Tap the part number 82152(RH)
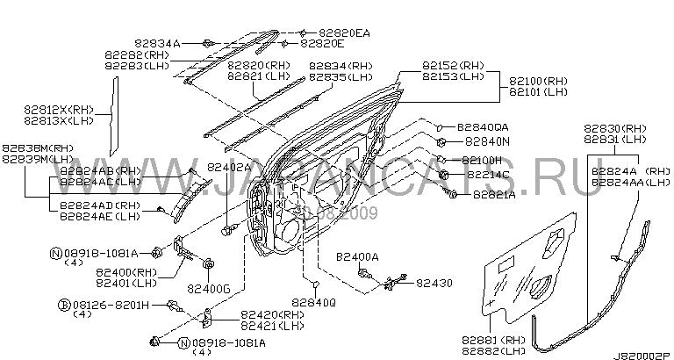452,65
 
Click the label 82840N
487,140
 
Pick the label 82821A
493,195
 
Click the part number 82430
435,283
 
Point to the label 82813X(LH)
58,120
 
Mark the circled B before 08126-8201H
63,304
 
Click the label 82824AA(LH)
628,182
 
